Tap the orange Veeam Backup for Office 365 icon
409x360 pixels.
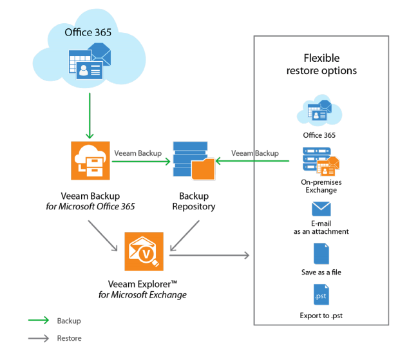pos(90,161)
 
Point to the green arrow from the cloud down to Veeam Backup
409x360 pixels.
pos(90,116)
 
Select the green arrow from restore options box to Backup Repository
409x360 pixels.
pos(251,162)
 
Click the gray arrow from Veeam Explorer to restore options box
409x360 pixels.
pos(210,256)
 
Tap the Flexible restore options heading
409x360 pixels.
pos(321,64)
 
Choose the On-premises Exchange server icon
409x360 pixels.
pos(320,161)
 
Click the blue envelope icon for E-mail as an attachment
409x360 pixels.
pos(321,209)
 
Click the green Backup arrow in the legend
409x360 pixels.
pos(38,320)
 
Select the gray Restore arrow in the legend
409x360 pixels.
pos(38,337)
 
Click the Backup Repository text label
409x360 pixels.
pos(193,201)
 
